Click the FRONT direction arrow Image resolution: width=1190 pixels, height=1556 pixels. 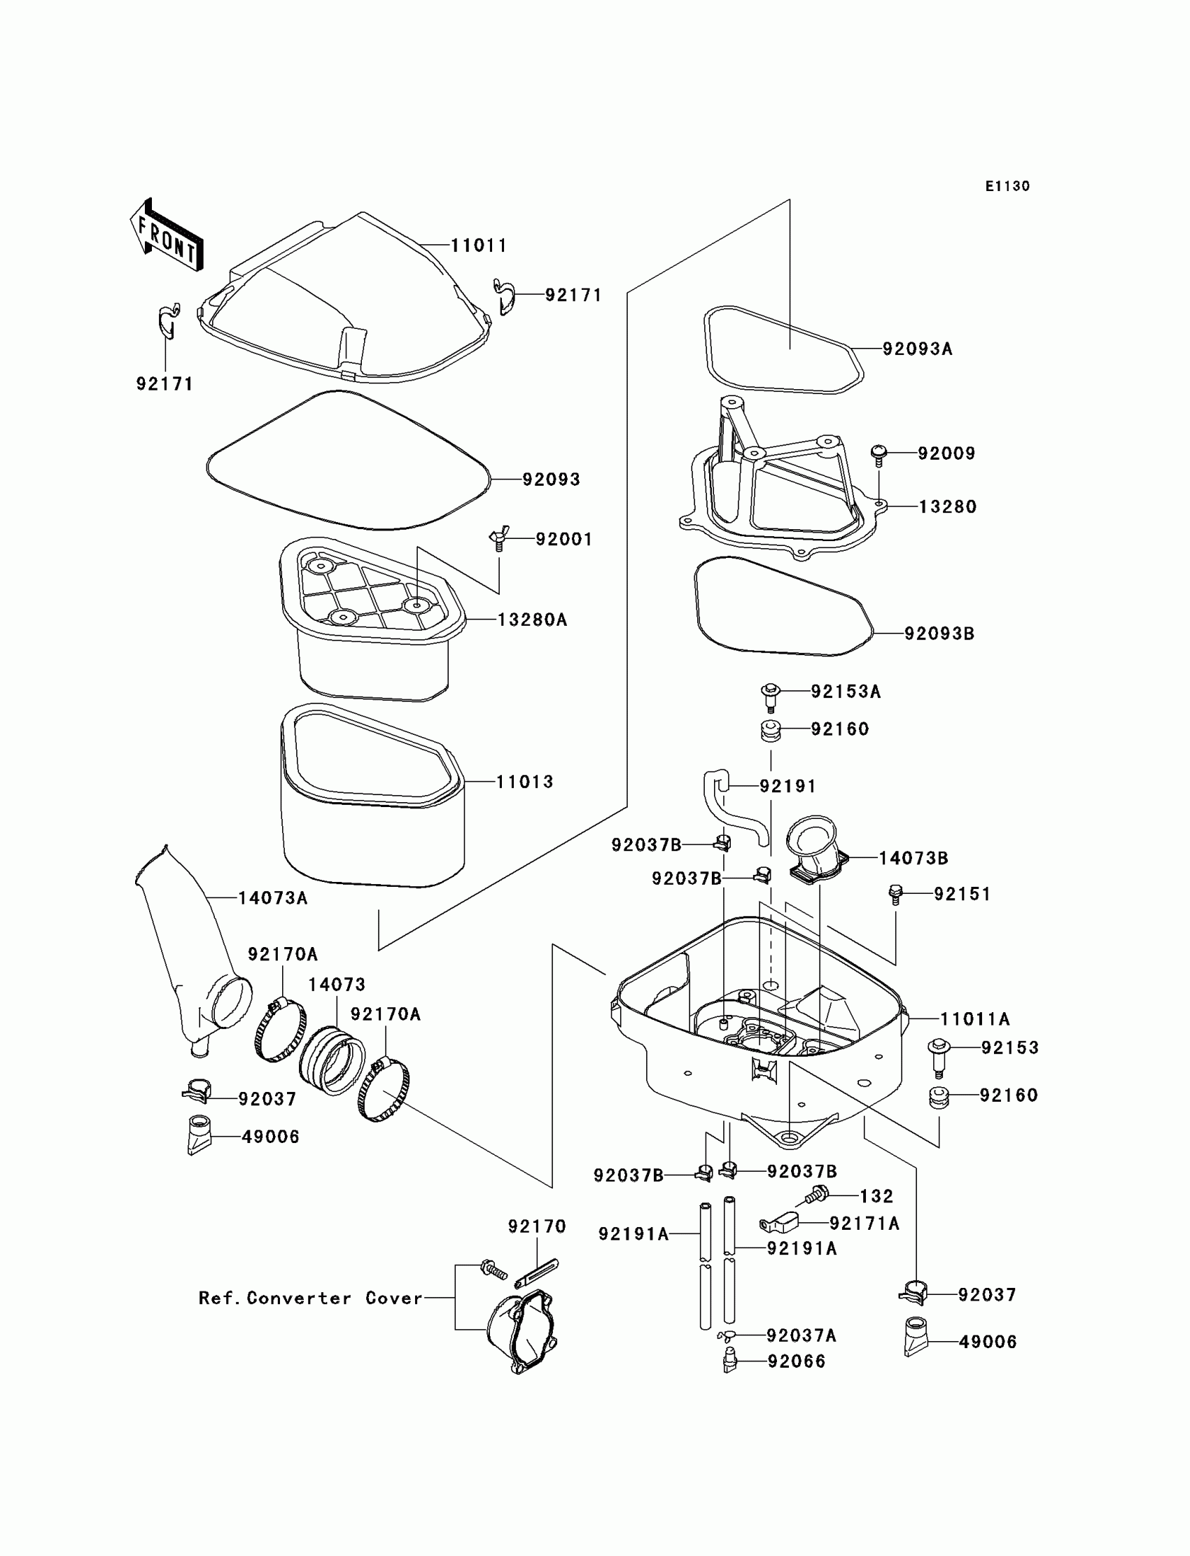coord(167,235)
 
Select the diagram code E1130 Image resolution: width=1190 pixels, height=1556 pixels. coord(1007,186)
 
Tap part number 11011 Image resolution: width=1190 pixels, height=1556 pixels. coord(479,246)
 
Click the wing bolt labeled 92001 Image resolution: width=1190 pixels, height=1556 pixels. coord(498,540)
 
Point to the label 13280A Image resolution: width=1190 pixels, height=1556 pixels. coord(532,619)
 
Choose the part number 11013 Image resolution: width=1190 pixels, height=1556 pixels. coord(524,782)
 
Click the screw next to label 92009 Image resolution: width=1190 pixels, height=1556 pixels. coord(879,454)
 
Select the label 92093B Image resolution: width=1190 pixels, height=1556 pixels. coord(939,633)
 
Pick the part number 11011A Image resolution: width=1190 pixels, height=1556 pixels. coord(974,1019)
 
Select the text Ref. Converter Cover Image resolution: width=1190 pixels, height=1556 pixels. coord(310,1298)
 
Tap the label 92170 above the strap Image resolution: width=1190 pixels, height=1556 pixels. coord(537,1226)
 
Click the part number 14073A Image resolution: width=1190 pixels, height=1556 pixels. coord(273,898)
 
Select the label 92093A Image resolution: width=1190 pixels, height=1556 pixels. coord(917,349)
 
